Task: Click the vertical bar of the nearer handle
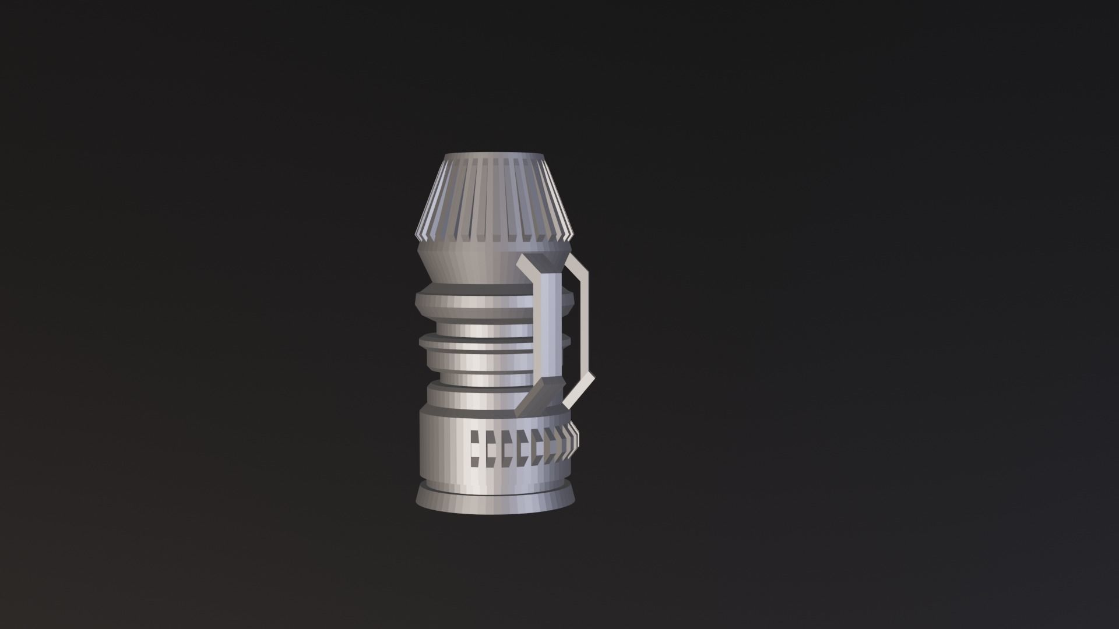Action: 549,326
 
